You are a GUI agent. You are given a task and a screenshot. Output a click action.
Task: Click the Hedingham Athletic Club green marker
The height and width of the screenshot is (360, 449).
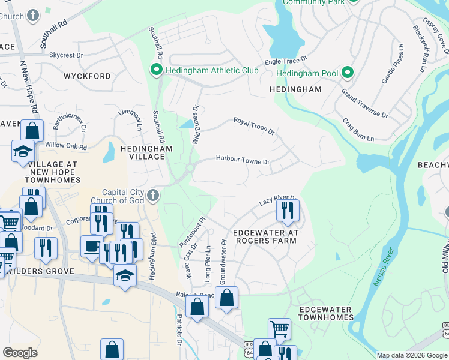tap(157, 71)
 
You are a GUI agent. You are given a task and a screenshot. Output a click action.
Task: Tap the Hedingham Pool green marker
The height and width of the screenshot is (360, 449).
tap(347, 73)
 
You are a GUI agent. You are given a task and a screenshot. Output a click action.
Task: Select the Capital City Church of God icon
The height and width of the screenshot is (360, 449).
tap(154, 195)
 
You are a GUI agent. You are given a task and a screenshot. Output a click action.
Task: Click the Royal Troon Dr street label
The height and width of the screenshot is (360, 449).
tap(253, 126)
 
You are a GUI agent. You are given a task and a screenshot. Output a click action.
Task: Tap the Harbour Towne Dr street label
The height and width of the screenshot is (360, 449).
tap(243, 161)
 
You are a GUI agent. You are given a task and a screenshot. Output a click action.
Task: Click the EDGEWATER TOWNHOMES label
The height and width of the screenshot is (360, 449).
tap(325, 313)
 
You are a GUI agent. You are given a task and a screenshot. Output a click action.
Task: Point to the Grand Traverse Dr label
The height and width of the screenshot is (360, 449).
tap(364, 103)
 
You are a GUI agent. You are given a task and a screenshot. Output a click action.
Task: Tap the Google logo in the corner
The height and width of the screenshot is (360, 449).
tap(20, 353)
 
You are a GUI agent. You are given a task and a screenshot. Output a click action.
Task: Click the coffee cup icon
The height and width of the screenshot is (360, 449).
tap(92, 246)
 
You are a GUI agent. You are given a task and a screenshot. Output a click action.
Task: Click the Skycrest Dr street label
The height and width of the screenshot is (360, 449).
tap(66, 55)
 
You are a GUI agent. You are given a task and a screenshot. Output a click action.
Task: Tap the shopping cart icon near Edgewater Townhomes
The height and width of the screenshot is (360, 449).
tap(279, 328)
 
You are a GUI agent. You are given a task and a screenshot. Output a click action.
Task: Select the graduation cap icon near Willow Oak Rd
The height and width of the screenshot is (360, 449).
tap(23, 151)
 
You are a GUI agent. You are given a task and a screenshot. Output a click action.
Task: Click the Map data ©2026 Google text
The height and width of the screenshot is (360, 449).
tap(411, 355)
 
